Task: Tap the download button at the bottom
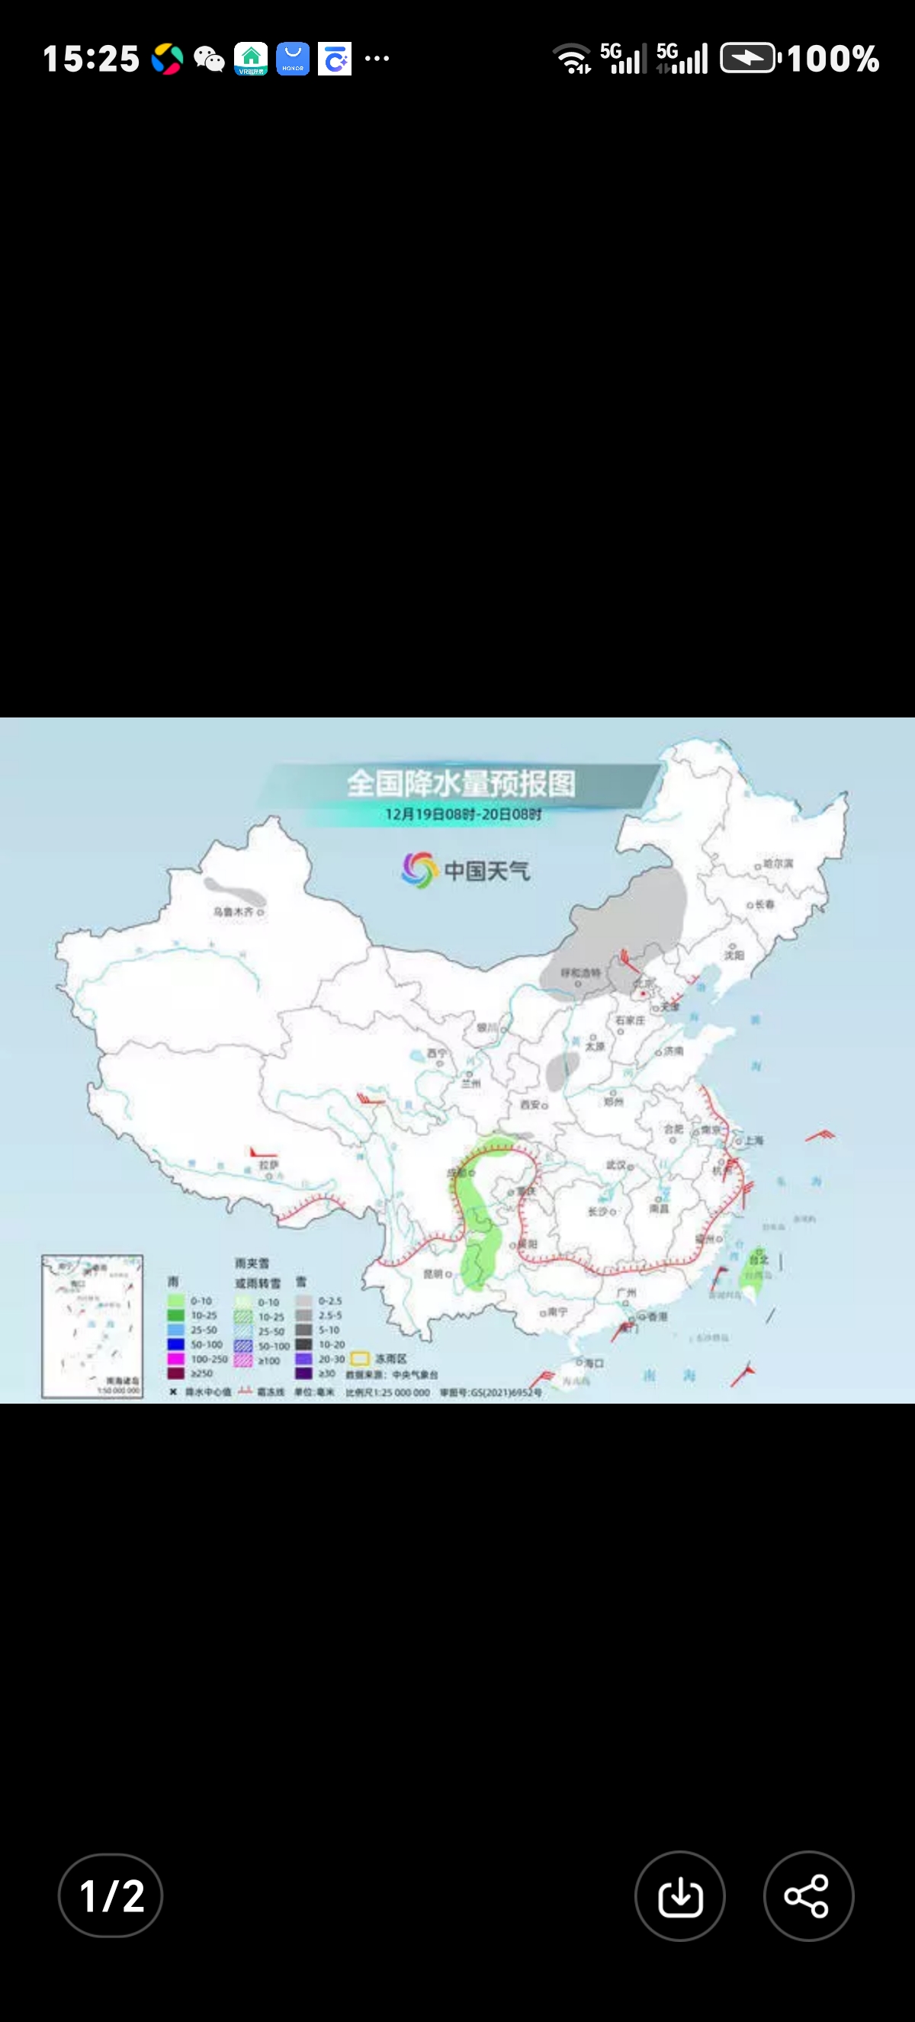(x=679, y=1895)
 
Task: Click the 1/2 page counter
(x=111, y=1895)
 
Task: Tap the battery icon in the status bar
(x=749, y=59)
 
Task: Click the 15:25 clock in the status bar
(x=91, y=59)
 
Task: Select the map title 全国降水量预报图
(x=461, y=783)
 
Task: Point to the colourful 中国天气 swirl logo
(x=419, y=870)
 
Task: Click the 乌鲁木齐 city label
(x=234, y=911)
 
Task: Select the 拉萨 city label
(x=268, y=1165)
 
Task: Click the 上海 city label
(x=754, y=1140)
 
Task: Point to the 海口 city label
(x=594, y=1362)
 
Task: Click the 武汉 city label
(x=616, y=1165)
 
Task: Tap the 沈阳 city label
(x=734, y=955)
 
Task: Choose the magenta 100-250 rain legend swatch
(x=176, y=1359)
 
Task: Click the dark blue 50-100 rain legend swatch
(x=176, y=1345)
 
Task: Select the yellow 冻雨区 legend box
(x=360, y=1358)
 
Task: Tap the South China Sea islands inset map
(x=92, y=1326)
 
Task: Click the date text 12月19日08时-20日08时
(x=463, y=814)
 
